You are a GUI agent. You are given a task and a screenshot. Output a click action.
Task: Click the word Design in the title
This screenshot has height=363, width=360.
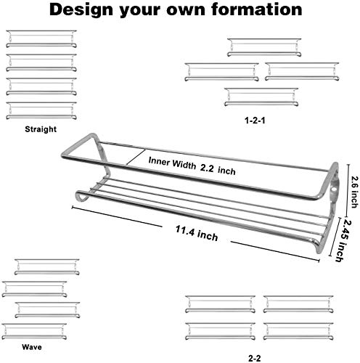coord(81,10)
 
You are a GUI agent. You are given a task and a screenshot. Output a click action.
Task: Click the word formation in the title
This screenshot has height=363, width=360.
coord(257,9)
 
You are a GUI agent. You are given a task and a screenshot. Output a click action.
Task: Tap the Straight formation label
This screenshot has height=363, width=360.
coord(41,129)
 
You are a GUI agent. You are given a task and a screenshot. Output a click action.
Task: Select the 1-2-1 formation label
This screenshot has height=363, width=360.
coord(255,121)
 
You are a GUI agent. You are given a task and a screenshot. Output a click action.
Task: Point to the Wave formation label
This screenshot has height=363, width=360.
coord(32,347)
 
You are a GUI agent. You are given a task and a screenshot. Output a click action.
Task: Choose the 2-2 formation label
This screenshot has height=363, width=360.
coord(255,358)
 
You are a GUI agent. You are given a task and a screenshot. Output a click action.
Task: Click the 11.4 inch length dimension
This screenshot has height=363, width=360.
coord(197,233)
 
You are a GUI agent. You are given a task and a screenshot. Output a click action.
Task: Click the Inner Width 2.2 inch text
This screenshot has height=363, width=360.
coord(192,166)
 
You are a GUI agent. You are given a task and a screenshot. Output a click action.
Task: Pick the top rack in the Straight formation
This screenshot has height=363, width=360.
coord(41,38)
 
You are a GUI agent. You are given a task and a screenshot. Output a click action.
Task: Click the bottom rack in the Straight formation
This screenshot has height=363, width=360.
coord(41,110)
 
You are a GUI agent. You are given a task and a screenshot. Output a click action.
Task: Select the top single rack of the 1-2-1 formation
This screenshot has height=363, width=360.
coord(264,47)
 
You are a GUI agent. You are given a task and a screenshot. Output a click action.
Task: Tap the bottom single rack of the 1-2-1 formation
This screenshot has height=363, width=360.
coord(261,97)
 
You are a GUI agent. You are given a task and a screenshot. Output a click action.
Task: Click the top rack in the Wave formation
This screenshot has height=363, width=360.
coord(47,266)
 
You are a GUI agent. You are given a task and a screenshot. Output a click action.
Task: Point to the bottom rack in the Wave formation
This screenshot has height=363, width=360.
coord(34,331)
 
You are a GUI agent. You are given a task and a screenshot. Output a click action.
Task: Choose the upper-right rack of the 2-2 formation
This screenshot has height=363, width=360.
coord(298,304)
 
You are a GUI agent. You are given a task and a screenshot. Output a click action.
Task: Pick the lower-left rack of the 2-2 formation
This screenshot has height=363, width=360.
coord(221,331)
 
